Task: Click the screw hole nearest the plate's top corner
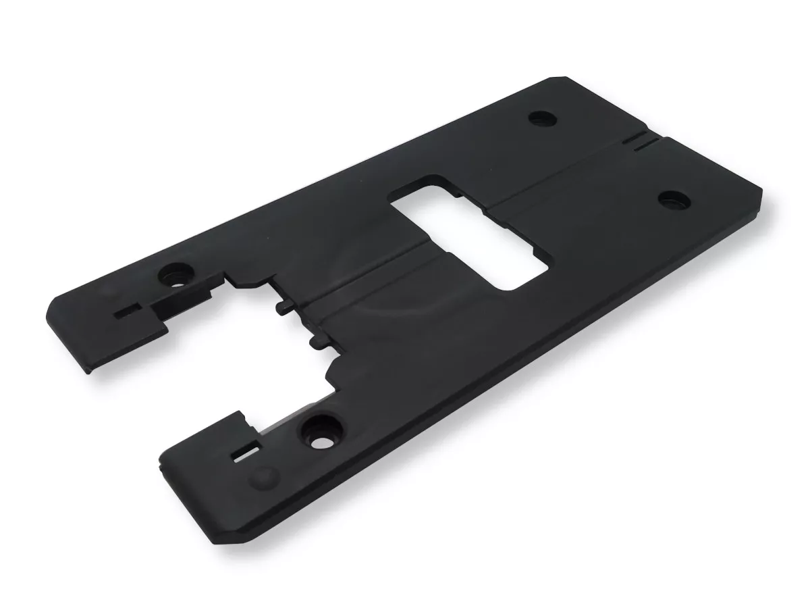(543, 118)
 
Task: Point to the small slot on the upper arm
(126, 313)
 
